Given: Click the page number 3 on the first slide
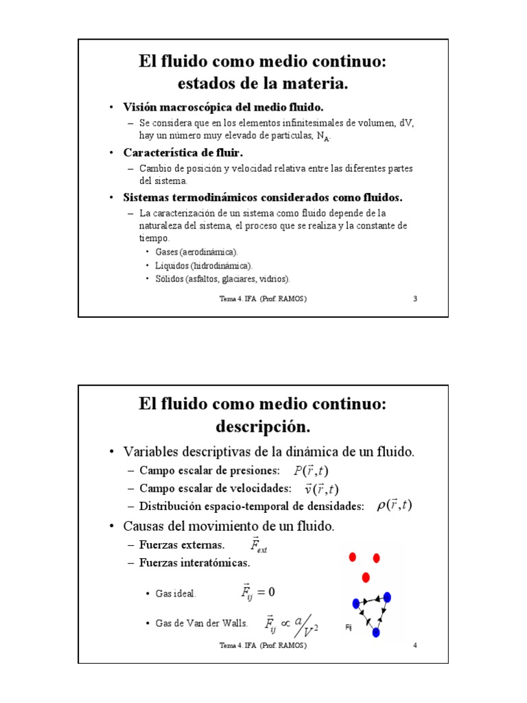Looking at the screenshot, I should pyautogui.click(x=416, y=299).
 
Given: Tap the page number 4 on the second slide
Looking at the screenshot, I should pyautogui.click(x=416, y=646).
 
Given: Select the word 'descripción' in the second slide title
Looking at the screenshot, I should pyautogui.click(x=263, y=426).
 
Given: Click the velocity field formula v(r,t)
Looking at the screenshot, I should pyautogui.click(x=321, y=489).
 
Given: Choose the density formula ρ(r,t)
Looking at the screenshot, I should pyautogui.click(x=394, y=506).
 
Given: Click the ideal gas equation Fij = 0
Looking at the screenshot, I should pyautogui.click(x=258, y=592).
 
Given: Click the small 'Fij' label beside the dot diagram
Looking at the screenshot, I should pyautogui.click(x=349, y=627).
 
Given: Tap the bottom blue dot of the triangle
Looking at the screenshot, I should pyautogui.click(x=375, y=632).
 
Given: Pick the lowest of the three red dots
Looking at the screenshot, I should pyautogui.click(x=366, y=577).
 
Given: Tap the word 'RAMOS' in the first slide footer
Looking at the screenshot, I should pyautogui.click(x=293, y=299).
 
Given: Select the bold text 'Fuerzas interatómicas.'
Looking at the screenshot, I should pyautogui.click(x=194, y=563).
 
